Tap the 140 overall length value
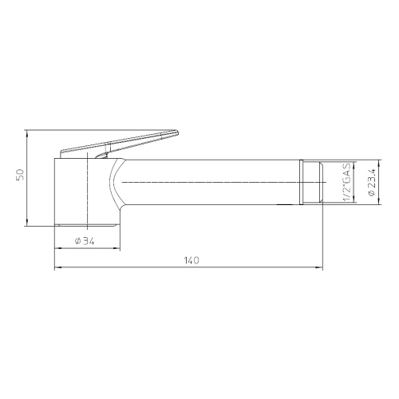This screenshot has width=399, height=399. click(x=191, y=260)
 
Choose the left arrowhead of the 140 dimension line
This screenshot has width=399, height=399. click(x=57, y=268)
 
